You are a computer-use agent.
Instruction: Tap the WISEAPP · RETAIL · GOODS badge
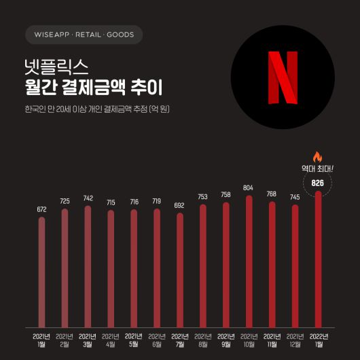pos(84,34)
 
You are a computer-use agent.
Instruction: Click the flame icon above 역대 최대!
pos(317,157)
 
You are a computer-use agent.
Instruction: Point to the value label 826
pos(317,183)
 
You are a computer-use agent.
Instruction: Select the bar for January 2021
pos(41,272)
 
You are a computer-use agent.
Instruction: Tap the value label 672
pos(41,209)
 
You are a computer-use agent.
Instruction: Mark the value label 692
pos(179,205)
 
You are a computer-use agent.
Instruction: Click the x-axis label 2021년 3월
pos(88,340)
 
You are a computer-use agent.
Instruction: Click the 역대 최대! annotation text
pos(317,168)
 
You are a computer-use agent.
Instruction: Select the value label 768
pos(271,194)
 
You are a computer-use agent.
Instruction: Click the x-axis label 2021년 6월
pos(156,340)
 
